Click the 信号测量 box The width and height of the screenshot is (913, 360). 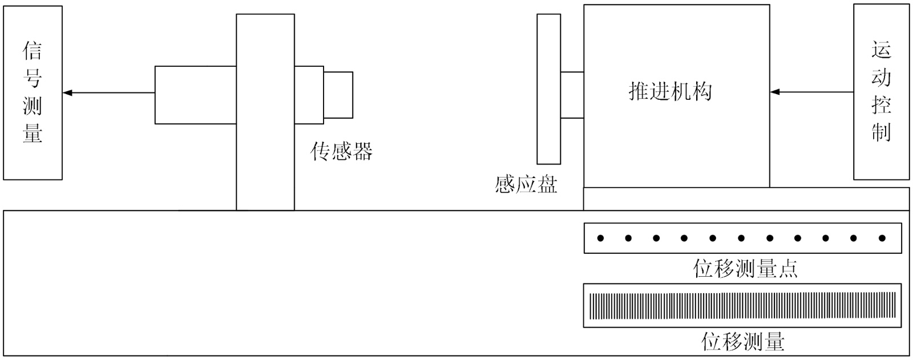click(33, 92)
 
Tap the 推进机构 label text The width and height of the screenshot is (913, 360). click(670, 91)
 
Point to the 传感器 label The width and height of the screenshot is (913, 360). click(341, 151)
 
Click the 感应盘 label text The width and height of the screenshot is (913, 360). click(526, 184)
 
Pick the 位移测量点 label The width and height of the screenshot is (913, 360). click(745, 268)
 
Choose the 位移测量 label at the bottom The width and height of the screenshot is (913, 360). click(742, 341)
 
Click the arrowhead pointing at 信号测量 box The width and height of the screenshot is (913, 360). click(67, 92)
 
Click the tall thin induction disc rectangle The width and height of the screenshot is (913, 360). click(548, 89)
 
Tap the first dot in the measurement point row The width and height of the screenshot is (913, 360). click(600, 238)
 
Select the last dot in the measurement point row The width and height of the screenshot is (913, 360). click(882, 238)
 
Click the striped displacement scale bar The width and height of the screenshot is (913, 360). click(742, 306)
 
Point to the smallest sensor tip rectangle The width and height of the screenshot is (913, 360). click(338, 95)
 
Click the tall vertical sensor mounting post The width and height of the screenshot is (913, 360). click(265, 112)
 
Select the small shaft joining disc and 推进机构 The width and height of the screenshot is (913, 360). click(572, 95)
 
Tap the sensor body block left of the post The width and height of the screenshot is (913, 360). click(195, 95)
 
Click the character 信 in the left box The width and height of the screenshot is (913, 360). click(33, 51)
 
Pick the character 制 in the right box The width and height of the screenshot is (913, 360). click(881, 132)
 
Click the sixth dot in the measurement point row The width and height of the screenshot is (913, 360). click(741, 238)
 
